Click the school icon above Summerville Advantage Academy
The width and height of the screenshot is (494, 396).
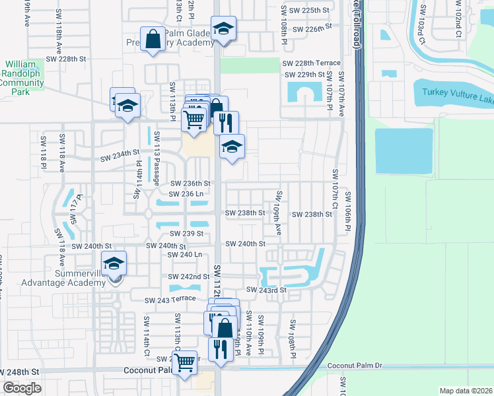coord(114,264)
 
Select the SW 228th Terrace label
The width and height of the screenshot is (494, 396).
coord(311,63)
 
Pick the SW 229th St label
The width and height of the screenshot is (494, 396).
coord(304,75)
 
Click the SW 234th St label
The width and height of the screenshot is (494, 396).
coord(120,158)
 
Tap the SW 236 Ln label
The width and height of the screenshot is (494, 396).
coord(186,194)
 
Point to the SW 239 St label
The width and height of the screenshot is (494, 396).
coord(186,234)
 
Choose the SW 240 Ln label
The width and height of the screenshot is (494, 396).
coord(185,254)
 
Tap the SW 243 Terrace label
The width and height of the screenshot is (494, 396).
coord(170,299)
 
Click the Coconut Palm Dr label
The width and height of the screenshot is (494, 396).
coord(355,366)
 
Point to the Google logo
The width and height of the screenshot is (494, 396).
coord(22,388)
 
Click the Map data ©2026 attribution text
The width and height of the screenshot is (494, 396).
coord(466,391)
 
